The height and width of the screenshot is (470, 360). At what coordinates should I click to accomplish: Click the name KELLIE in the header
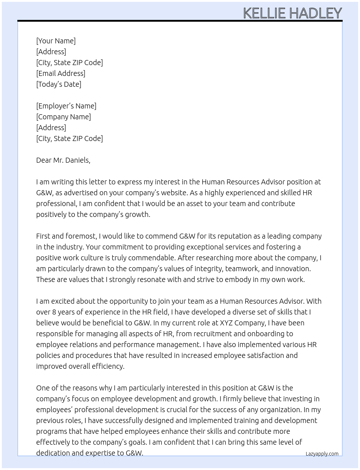tap(264, 13)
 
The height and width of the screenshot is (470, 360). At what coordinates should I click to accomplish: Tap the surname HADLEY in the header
tap(316, 13)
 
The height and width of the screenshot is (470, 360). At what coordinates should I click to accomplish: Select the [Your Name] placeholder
tap(56, 41)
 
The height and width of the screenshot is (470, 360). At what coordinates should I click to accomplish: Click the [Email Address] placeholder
tap(61, 73)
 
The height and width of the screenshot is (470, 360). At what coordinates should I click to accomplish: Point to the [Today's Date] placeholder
tap(59, 84)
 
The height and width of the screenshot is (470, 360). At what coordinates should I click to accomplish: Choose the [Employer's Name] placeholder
tap(66, 106)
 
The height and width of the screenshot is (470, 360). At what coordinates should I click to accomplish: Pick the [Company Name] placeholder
tap(64, 117)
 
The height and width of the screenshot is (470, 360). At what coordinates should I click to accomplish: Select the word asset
tap(195, 204)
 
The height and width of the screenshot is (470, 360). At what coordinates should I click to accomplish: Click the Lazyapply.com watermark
tap(322, 454)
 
